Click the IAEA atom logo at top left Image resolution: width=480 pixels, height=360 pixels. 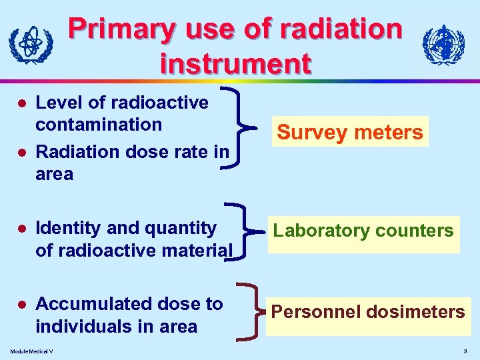(x=31, y=45)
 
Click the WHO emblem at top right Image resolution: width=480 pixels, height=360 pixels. (x=443, y=45)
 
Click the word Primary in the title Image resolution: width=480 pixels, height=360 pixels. (x=122, y=29)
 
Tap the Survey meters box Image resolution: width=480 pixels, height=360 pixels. (x=350, y=132)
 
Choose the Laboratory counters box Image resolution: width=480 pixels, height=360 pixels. (x=363, y=231)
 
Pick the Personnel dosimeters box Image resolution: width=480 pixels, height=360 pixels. (x=367, y=311)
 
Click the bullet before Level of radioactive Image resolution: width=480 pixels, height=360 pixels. (x=21, y=103)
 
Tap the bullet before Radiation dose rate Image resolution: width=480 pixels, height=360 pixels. (x=21, y=153)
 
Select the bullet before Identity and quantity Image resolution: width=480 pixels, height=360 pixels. (x=21, y=229)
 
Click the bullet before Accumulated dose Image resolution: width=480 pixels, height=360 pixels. (x=21, y=305)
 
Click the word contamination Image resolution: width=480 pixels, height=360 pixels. (x=98, y=125)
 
